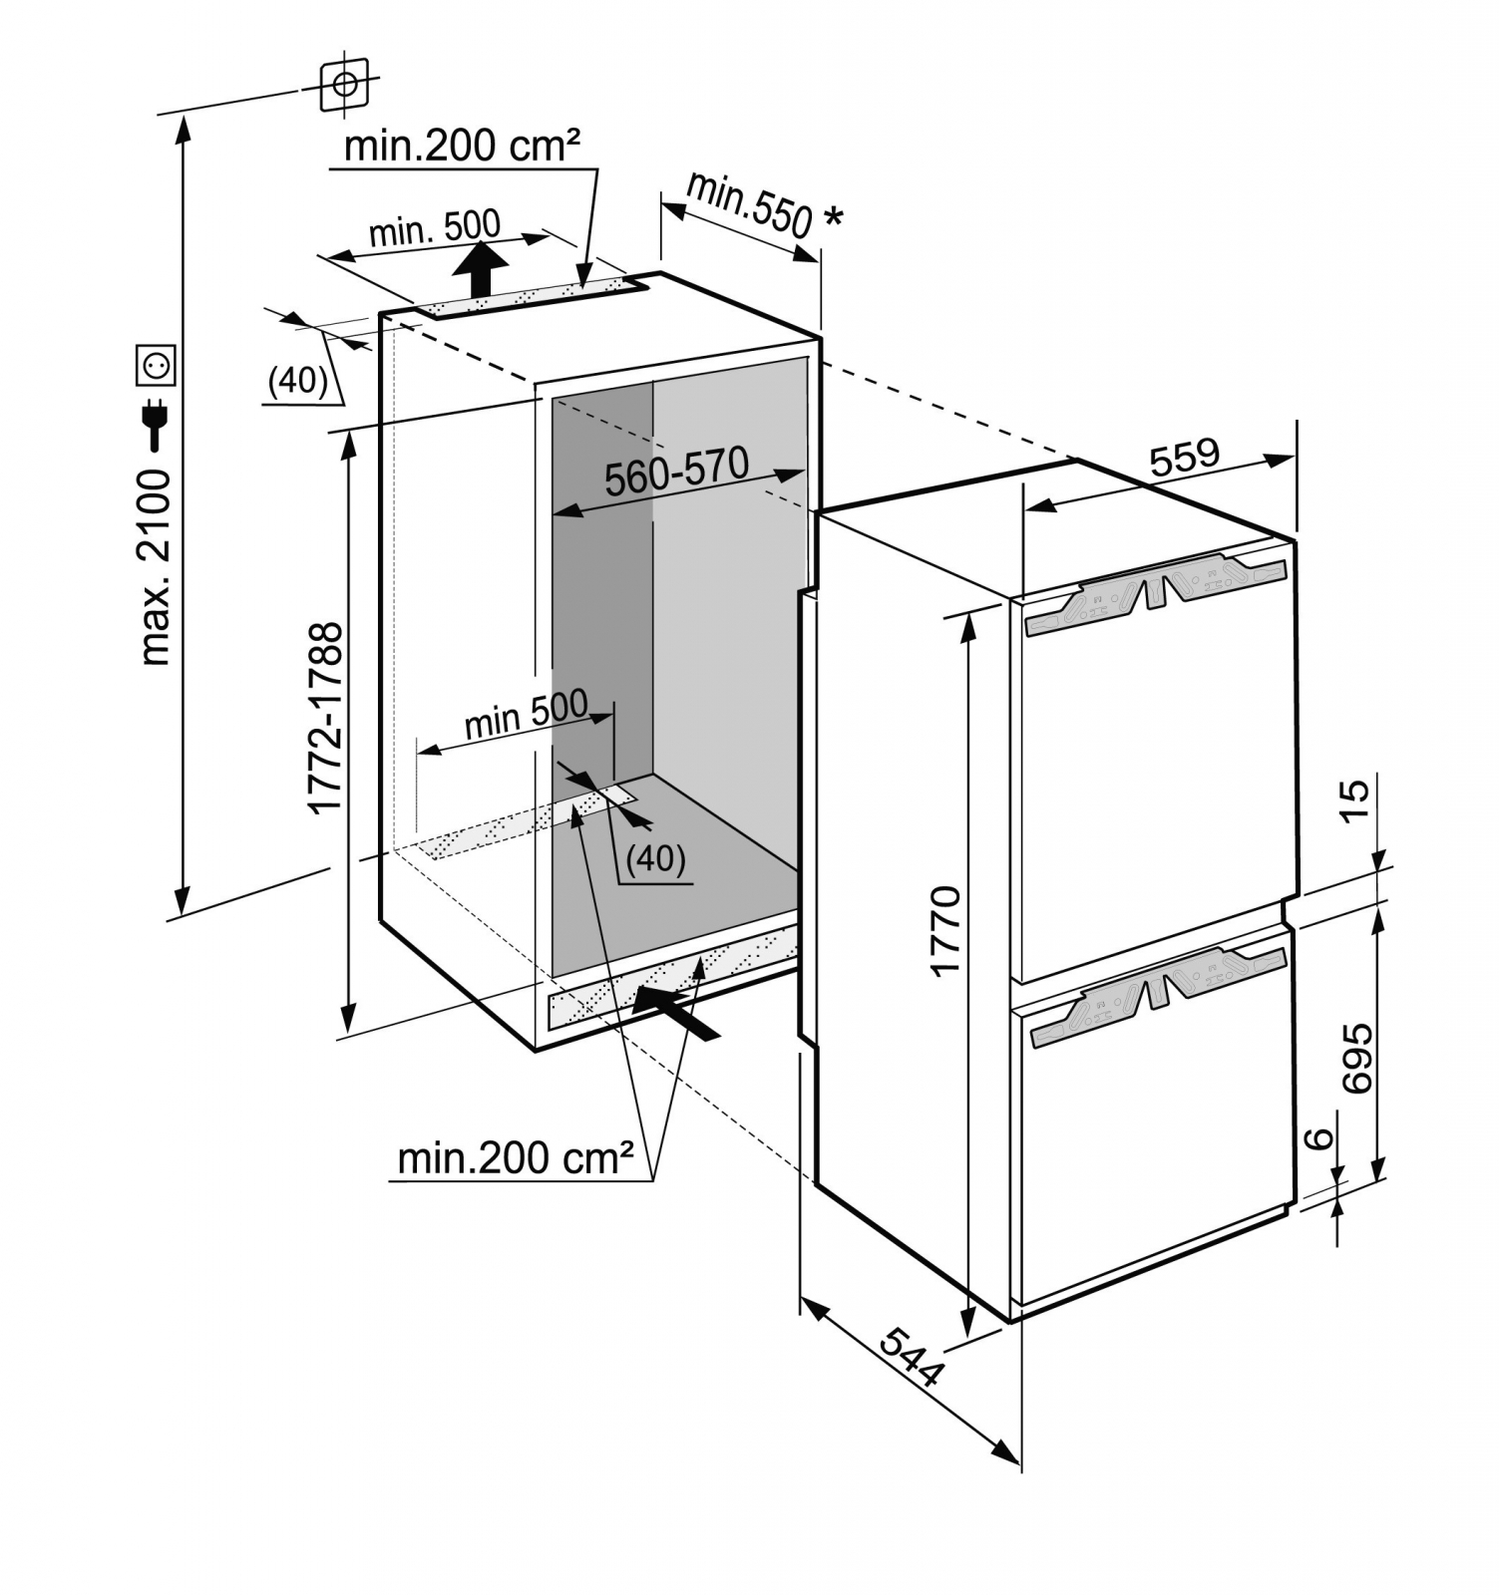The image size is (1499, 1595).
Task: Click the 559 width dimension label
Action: coord(1184,458)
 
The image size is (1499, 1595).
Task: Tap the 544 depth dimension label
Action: coord(912,1357)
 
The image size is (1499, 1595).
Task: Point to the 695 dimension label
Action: coord(1356,1058)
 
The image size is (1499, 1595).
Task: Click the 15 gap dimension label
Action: coord(1355,800)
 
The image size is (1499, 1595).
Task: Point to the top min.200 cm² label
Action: coord(462,147)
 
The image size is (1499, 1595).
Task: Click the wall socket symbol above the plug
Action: coord(157,365)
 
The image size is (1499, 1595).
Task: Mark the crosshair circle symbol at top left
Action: coord(344,85)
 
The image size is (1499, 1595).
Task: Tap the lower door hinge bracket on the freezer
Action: coord(1157,993)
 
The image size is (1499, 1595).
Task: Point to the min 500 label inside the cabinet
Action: coord(526,714)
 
